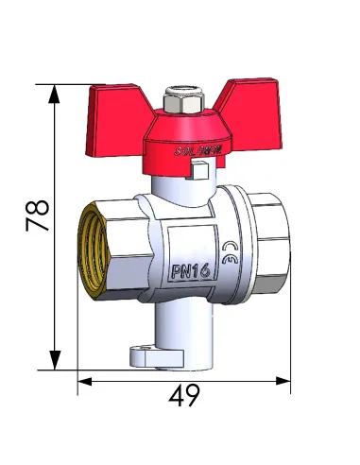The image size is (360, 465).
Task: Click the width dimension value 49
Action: pyautogui.click(x=185, y=396)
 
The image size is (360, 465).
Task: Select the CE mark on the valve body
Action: pyautogui.click(x=231, y=256)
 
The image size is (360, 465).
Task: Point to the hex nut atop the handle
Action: pyautogui.click(x=180, y=100)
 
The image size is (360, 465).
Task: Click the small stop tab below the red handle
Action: pyautogui.click(x=198, y=170)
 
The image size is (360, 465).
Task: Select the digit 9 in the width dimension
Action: pyautogui.click(x=195, y=396)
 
